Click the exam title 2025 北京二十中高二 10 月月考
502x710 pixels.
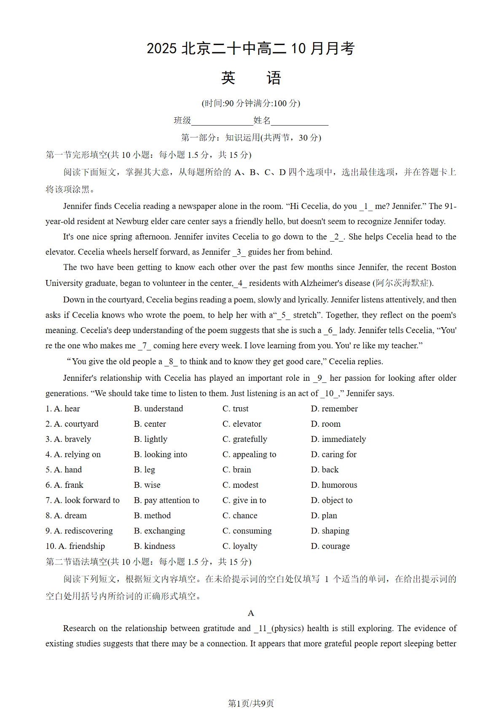point(250,48)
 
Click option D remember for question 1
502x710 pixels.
point(334,409)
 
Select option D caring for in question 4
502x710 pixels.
point(334,454)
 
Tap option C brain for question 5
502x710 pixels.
point(237,470)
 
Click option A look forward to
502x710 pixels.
point(83,500)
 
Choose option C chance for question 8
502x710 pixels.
point(240,515)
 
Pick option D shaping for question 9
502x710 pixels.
point(330,530)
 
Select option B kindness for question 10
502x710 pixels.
point(155,546)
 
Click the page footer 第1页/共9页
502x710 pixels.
point(251,703)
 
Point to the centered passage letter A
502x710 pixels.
point(251,613)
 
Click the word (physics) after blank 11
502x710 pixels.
point(287,628)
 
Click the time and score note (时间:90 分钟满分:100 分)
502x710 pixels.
point(251,103)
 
